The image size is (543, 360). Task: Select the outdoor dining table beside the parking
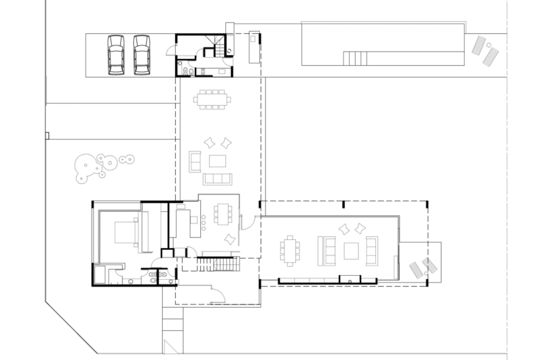[x=212, y=99]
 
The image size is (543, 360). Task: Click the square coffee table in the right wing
[x=352, y=251]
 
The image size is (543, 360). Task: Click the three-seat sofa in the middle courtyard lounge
[x=217, y=179]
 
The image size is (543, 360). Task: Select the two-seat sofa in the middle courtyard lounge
[x=195, y=162]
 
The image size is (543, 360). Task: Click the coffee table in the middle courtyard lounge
[x=218, y=161]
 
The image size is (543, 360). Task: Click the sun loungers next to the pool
[x=485, y=50]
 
